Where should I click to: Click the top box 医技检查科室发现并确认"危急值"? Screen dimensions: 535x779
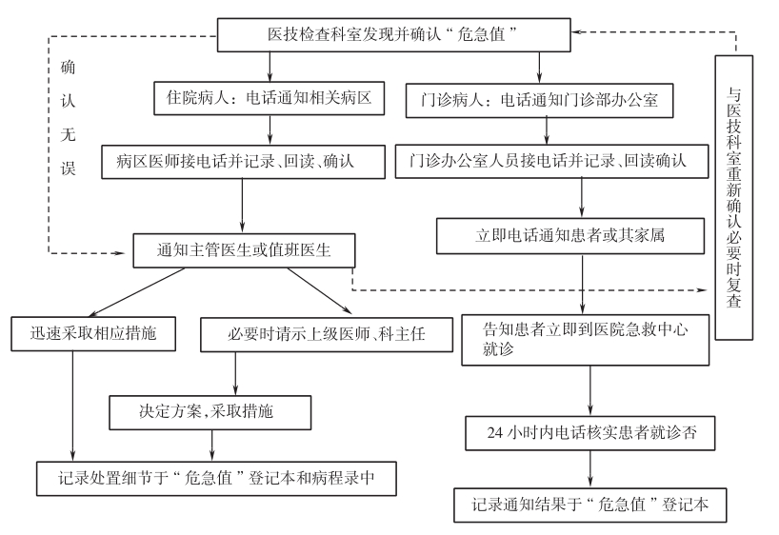coord(397,35)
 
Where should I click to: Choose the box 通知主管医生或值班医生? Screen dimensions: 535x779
coord(243,250)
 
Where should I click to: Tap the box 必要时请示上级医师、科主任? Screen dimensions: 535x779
coord(302,334)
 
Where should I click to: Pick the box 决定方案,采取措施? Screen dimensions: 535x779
coord(212,412)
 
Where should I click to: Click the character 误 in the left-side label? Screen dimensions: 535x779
coord(68,168)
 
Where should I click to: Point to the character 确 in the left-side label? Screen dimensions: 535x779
coord(68,68)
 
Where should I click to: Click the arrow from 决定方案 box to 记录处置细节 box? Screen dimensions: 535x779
coord(212,442)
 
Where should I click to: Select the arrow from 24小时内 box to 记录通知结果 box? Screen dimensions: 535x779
coord(591,467)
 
